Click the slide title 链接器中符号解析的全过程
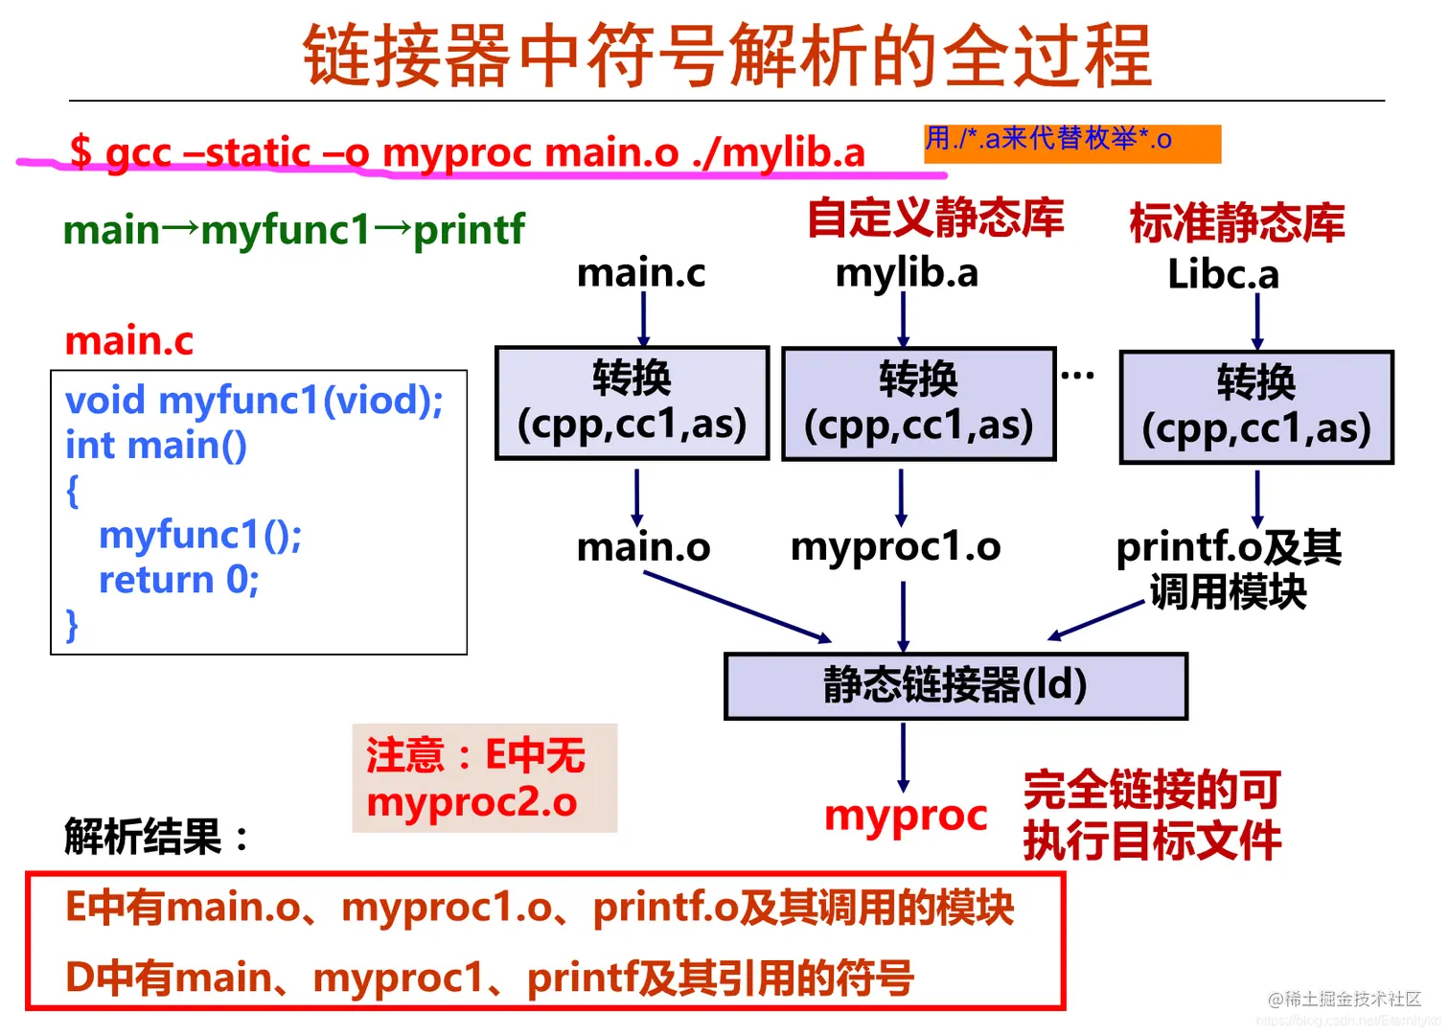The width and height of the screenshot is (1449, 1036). click(726, 55)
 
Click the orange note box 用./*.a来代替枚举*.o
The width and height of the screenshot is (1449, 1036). click(1071, 142)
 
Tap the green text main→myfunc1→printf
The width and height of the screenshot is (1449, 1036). click(293, 230)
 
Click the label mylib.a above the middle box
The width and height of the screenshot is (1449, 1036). click(906, 273)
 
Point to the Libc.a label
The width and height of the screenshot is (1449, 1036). click(1223, 275)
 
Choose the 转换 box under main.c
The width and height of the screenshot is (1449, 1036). click(632, 403)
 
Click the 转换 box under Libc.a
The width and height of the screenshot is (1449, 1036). click(1256, 407)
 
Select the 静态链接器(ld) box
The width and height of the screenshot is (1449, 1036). click(955, 685)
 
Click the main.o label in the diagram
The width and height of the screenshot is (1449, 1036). click(643, 547)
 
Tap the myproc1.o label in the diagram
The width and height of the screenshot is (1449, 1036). click(895, 547)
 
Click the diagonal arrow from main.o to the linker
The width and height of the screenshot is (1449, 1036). click(736, 607)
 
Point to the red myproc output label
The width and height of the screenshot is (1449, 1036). click(906, 816)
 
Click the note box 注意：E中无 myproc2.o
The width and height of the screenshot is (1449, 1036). click(484, 778)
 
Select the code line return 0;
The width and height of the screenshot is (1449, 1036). click(179, 580)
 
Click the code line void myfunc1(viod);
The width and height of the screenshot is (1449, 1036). click(254, 401)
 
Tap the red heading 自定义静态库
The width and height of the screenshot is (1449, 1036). click(934, 219)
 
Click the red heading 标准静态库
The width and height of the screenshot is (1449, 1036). click(1236, 222)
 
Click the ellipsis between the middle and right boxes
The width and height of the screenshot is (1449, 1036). click(1077, 376)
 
